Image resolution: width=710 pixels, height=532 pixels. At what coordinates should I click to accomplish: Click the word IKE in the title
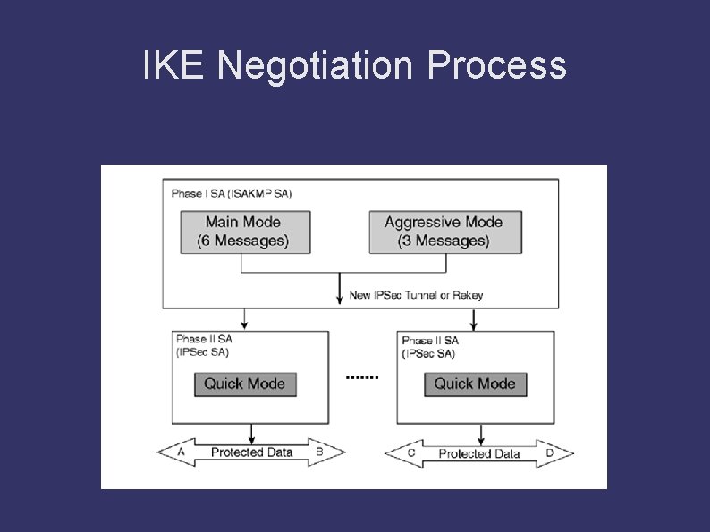point(174,65)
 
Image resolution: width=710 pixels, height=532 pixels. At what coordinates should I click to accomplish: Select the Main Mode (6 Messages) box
point(243,232)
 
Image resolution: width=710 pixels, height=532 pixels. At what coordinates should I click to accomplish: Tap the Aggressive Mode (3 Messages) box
point(444,232)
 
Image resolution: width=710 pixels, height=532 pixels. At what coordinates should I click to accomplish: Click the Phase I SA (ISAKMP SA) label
point(232,193)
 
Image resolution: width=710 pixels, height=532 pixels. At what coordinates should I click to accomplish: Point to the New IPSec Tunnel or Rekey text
point(416,295)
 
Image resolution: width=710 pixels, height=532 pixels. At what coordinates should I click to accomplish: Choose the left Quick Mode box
point(245,384)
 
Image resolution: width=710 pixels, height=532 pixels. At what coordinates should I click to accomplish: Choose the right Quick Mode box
point(475,384)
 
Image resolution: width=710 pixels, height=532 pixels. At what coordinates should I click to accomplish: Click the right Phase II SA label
point(430,347)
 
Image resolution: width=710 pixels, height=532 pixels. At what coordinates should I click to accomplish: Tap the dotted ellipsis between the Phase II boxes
point(362,377)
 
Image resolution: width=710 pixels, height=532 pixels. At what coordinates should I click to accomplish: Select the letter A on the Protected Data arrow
point(182,452)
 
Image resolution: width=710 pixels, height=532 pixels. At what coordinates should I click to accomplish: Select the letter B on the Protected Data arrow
point(319,452)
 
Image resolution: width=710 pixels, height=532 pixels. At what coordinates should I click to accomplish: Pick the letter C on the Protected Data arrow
point(410,453)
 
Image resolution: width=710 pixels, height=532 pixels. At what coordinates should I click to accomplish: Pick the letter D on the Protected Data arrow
point(549,453)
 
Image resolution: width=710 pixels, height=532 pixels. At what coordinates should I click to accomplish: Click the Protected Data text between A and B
point(251,452)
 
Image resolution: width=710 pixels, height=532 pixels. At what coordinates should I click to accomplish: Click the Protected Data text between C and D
point(479,453)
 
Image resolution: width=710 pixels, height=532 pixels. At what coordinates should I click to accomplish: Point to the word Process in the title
point(496,66)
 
